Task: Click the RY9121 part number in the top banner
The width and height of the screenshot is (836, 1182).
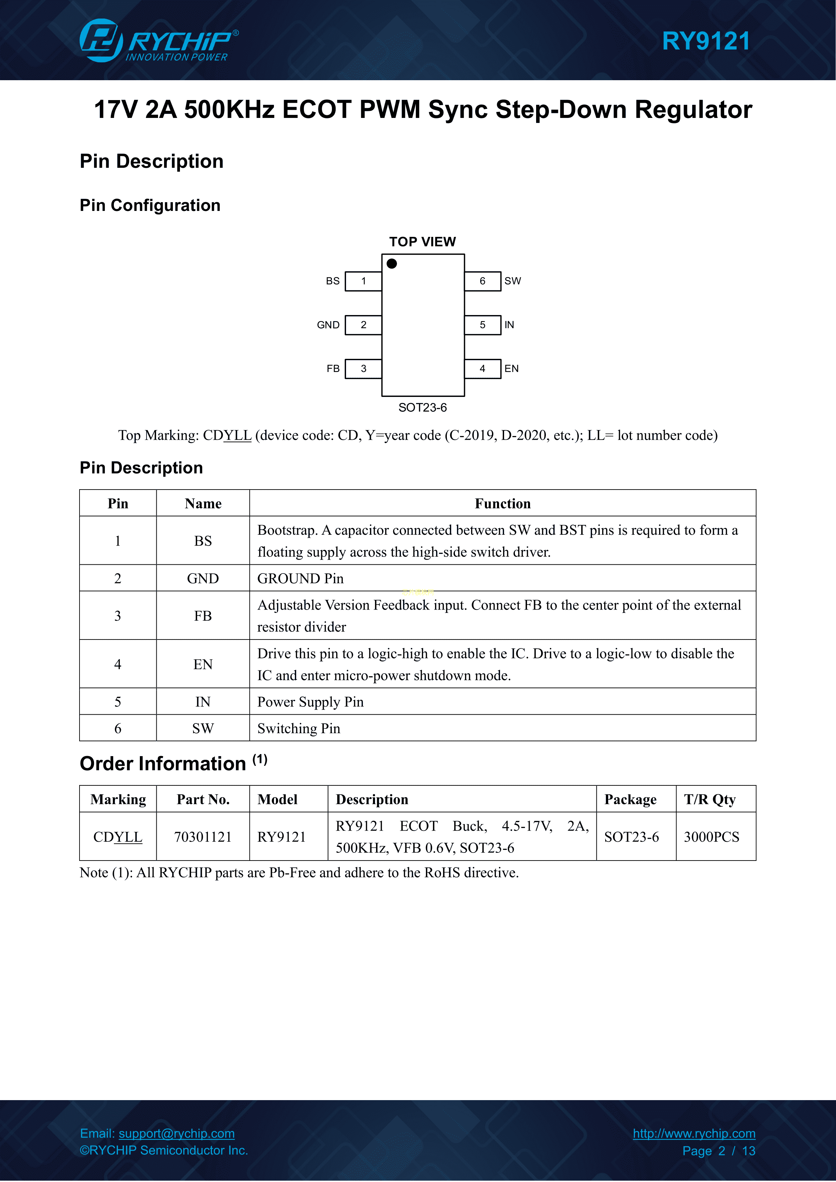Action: point(705,41)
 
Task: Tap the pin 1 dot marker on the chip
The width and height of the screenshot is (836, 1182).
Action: point(392,263)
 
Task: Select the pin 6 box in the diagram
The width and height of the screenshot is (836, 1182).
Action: point(482,281)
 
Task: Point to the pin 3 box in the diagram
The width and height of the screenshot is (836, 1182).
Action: point(364,369)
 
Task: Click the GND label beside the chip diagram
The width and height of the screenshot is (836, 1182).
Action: point(328,325)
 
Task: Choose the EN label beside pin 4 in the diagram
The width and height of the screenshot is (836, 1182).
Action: point(511,369)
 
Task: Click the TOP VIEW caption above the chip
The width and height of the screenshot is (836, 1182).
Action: point(422,242)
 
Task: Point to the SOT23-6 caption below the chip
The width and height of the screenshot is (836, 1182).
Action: point(422,408)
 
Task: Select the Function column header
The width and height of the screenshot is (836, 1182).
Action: point(502,503)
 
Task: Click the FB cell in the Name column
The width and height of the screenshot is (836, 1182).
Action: point(203,616)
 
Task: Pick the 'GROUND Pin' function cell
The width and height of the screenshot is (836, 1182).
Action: point(300,579)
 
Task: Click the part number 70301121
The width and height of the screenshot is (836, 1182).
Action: point(203,837)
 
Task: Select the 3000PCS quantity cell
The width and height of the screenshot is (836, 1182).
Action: point(711,837)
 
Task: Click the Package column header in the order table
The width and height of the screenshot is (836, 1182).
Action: point(630,800)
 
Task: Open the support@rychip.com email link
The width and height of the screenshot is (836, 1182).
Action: point(177,1133)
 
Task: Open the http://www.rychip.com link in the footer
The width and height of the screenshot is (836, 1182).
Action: point(694,1133)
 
